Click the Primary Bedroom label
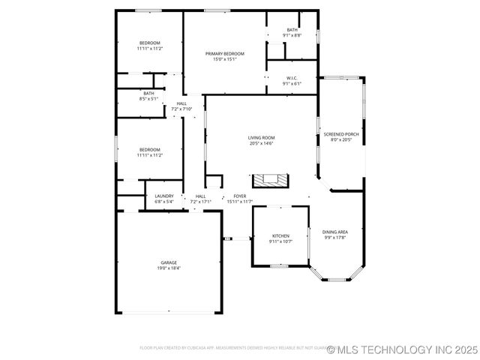point(225,53)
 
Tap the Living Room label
point(262,137)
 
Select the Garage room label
point(169,262)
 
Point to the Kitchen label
point(280,235)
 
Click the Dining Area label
point(334,232)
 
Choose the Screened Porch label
point(346,134)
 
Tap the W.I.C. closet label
point(292,78)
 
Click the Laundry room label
point(164,196)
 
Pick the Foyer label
point(240,196)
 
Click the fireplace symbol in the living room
point(269,180)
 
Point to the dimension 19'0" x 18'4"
point(169,268)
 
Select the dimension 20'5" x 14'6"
point(262,143)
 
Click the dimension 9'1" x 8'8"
point(292,35)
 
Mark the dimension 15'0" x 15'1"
point(225,59)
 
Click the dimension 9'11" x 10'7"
point(280,241)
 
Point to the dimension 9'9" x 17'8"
point(334,238)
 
